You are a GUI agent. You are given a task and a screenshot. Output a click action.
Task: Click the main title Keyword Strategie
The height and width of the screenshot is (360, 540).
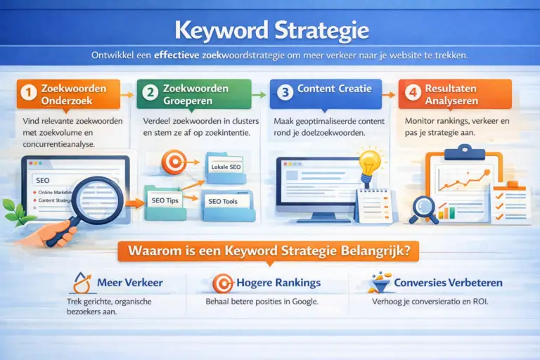(x=269, y=31)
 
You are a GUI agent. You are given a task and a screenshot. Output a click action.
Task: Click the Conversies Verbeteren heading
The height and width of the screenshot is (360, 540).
(x=448, y=283)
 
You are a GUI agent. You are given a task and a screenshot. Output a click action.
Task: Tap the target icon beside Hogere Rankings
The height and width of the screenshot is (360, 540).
(x=221, y=283)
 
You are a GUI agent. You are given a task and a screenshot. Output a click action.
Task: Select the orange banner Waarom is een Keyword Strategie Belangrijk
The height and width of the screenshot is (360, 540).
(x=269, y=250)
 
